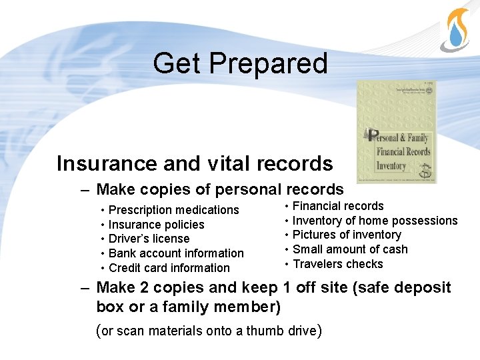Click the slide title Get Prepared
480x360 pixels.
(240, 63)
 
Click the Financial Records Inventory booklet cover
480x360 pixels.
(397, 132)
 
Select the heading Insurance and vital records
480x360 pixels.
(195, 163)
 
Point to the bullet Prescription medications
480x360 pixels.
(173, 210)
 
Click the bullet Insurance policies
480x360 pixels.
(156, 225)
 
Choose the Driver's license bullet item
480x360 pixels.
(149, 239)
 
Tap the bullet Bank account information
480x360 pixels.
(176, 253)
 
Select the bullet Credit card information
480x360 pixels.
(169, 268)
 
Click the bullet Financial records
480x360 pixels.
(338, 206)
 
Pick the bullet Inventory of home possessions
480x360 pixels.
(375, 221)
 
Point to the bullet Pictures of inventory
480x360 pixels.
(347, 235)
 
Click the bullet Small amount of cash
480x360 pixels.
(350, 249)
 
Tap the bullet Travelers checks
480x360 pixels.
(338, 264)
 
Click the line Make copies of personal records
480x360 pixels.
(220, 189)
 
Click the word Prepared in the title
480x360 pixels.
(268, 63)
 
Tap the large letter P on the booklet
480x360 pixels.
(373, 135)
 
